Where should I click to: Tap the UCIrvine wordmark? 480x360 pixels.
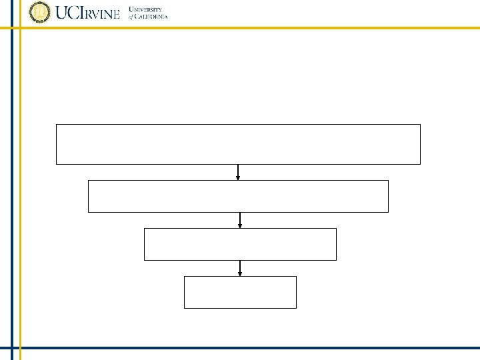89,13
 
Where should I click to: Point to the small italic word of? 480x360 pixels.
132,17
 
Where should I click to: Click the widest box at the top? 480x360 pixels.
238,144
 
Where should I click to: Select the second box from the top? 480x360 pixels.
238,196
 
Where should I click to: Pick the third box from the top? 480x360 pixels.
240,244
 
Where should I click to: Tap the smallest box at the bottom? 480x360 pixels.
240,292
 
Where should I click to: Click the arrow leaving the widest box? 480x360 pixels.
238,172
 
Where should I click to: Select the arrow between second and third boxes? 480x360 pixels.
240,220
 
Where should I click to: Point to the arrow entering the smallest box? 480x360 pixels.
240,268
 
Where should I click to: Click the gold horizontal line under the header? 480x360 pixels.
267,27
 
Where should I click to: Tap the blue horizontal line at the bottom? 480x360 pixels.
267,348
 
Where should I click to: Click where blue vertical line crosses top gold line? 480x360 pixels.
12,27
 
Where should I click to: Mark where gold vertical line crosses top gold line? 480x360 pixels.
20,27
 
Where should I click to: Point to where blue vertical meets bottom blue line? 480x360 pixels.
12,348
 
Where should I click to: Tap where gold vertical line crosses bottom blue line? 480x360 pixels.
20,348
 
